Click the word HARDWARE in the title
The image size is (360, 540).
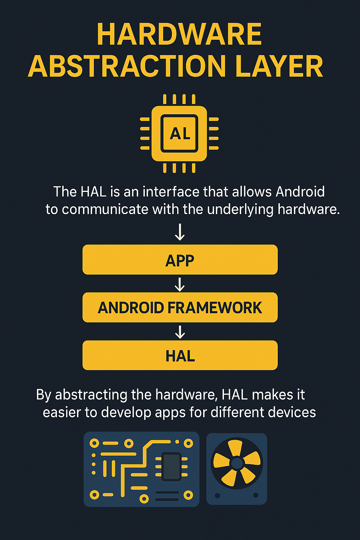[x=179, y=34]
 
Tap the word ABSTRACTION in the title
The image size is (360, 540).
[x=127, y=66]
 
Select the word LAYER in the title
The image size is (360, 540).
[x=279, y=66]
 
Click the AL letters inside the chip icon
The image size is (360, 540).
[x=180, y=133]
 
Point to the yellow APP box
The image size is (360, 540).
[x=180, y=260]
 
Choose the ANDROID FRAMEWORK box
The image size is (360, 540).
[x=180, y=307]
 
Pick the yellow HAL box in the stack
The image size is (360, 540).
[x=180, y=355]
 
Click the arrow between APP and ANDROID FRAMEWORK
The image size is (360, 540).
[x=180, y=284]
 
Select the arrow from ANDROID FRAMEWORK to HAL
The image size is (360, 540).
[x=180, y=332]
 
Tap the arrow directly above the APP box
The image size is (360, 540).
[x=180, y=232]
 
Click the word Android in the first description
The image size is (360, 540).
[x=300, y=192]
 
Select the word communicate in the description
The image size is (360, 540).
[x=105, y=209]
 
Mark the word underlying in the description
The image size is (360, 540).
[x=240, y=210]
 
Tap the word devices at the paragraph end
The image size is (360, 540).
[x=292, y=412]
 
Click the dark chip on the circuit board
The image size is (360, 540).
[x=172, y=466]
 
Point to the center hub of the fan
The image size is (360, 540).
[x=237, y=463]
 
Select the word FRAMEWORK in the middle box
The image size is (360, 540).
[x=214, y=308]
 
